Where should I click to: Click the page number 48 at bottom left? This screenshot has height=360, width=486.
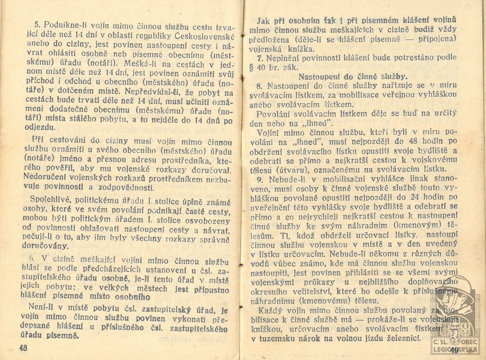coord(23,348)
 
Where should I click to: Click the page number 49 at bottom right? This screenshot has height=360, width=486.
coord(455,350)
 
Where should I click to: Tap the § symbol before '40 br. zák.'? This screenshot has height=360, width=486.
coord(252,67)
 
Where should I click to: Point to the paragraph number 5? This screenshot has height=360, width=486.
coord(37,25)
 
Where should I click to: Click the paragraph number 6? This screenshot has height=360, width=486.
coord(32,258)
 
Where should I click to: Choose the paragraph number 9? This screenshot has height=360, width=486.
coord(260,179)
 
